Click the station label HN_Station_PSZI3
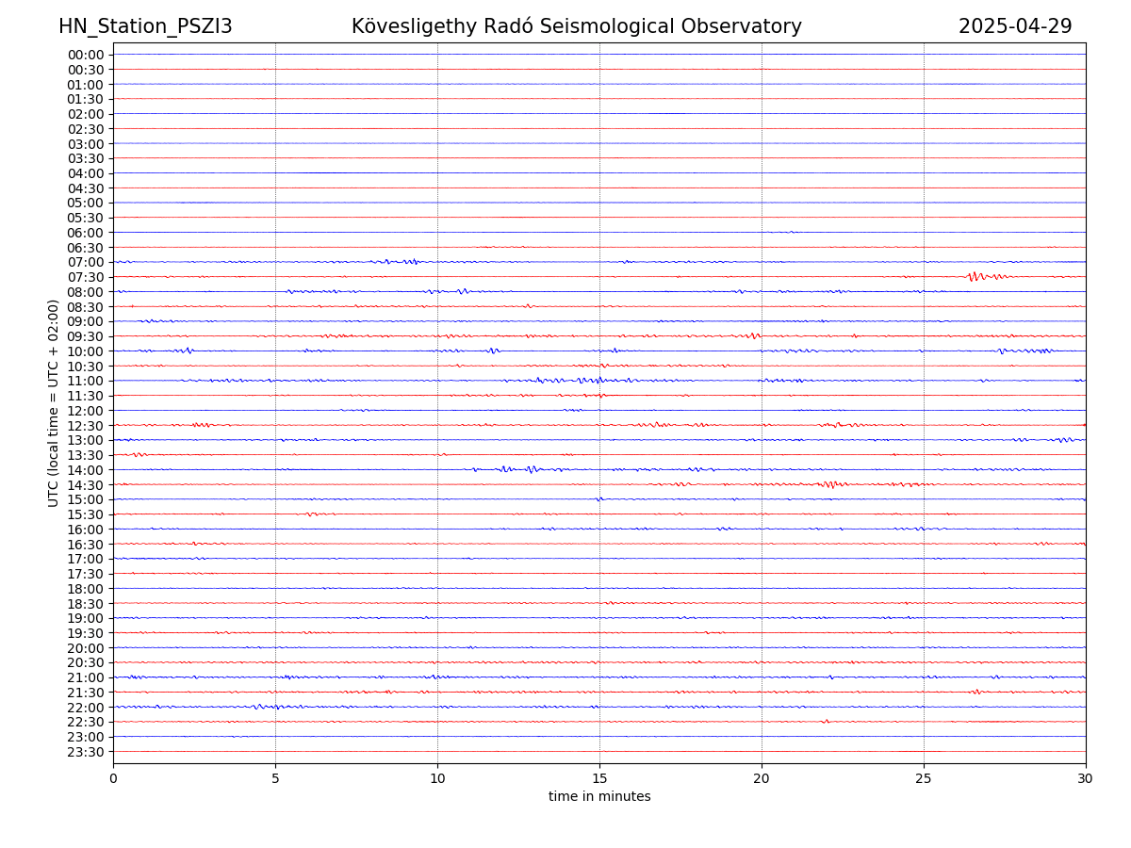pyautogui.click(x=145, y=26)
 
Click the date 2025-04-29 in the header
pyautogui.click(x=1015, y=26)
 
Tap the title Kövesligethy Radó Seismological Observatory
pyautogui.click(x=576, y=26)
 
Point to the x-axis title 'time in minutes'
pyautogui.click(x=599, y=797)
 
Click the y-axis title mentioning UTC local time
pyautogui.click(x=54, y=403)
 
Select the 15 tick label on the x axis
pyautogui.click(x=599, y=779)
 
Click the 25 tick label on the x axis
pyautogui.click(x=924, y=779)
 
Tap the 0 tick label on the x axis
pyautogui.click(x=113, y=779)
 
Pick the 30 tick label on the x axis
pyautogui.click(x=1086, y=779)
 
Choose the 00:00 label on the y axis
pyautogui.click(x=86, y=55)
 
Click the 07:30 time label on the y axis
pyautogui.click(x=86, y=277)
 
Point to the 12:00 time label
pyautogui.click(x=86, y=411)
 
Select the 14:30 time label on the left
pyautogui.click(x=86, y=485)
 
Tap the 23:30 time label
pyautogui.click(x=86, y=752)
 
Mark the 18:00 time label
pyautogui.click(x=86, y=589)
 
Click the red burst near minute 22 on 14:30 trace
pyautogui.click(x=829, y=484)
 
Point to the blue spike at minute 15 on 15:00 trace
pyautogui.click(x=599, y=498)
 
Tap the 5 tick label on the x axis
pyautogui.click(x=275, y=779)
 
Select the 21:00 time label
pyautogui.click(x=86, y=677)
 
